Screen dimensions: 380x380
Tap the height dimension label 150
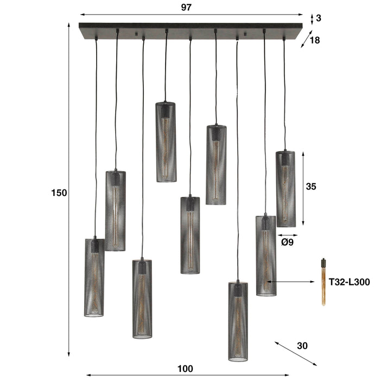click(x=59, y=193)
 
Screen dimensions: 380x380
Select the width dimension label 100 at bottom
click(x=185, y=369)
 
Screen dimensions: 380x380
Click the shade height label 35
click(x=311, y=187)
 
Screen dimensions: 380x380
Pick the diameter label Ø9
click(x=287, y=243)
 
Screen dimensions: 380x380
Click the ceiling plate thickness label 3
click(x=319, y=18)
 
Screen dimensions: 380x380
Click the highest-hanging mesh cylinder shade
click(x=166, y=142)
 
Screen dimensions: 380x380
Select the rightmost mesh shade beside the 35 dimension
click(x=286, y=188)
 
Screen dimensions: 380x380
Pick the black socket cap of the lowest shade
click(x=238, y=289)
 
